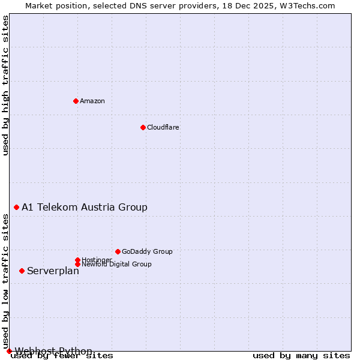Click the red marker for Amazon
[76, 101]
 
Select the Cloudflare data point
[143, 127]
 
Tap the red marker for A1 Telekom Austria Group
[16, 207]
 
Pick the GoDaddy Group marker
[118, 251]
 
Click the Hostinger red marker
[77, 260]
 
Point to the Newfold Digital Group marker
[77, 264]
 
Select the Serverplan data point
[22, 271]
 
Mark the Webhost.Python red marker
[9, 351]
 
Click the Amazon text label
[92, 101]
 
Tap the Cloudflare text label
[163, 127]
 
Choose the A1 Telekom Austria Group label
[85, 207]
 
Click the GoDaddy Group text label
[147, 251]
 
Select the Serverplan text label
[53, 271]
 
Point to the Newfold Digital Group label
[116, 264]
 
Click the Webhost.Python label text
[53, 351]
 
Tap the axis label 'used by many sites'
[301, 356]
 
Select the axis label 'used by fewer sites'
[62, 356]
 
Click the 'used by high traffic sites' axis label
[5, 85]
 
